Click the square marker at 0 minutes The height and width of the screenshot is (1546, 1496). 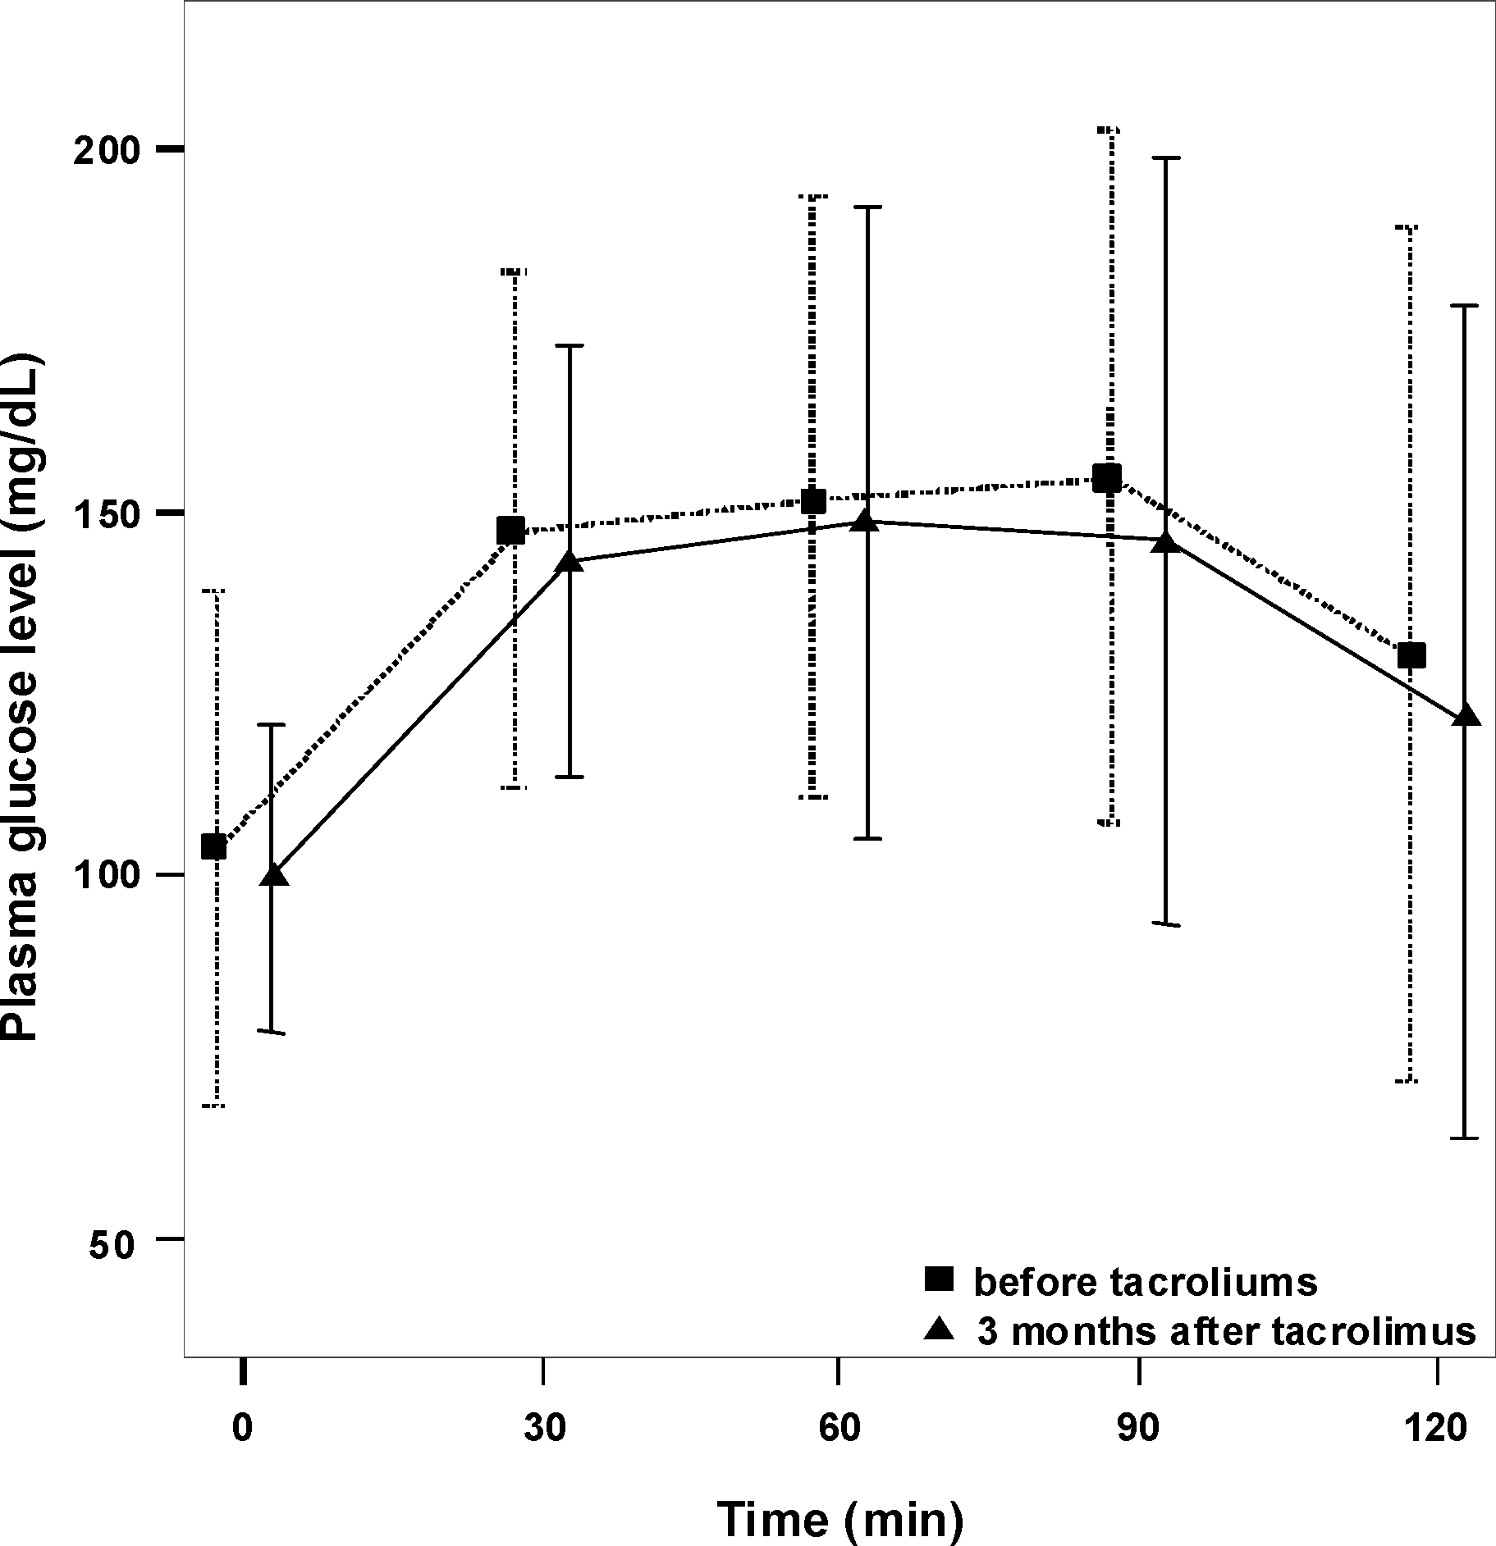pos(214,846)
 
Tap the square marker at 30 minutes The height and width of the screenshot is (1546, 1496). pos(511,530)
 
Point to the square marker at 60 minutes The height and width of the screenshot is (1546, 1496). pos(812,501)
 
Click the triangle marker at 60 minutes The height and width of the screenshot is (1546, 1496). pos(865,521)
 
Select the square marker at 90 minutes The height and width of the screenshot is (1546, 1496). pos(1107,477)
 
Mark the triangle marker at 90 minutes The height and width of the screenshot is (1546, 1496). pos(1164,542)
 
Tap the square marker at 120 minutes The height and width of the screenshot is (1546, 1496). pos(1411,655)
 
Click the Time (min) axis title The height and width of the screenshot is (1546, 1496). pos(839,1517)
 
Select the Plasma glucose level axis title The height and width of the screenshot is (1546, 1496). pos(22,700)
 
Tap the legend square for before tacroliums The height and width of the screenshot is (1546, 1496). pos(939,1279)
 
